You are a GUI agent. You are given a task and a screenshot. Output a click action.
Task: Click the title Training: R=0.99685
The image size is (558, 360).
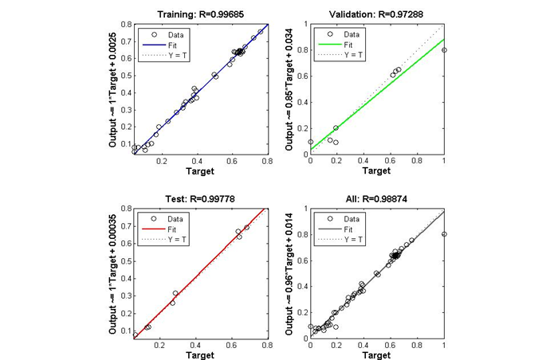(201, 15)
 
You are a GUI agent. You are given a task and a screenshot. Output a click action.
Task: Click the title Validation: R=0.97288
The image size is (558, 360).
(377, 15)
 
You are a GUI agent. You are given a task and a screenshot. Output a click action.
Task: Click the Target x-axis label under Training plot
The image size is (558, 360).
(201, 170)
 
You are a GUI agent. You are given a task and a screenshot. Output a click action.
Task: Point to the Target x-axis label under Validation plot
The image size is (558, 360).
(377, 170)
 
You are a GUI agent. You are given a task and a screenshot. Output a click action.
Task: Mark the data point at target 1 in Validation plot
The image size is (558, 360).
(444, 50)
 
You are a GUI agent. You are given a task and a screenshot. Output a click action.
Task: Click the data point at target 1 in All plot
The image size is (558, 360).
(444, 234)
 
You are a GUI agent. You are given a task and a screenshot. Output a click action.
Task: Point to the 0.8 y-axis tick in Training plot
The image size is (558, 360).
(125, 25)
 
